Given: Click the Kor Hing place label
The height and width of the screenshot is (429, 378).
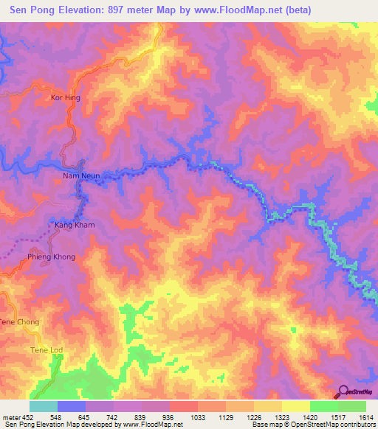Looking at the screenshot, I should point(64,97).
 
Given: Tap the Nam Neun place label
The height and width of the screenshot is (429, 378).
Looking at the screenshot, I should point(80,176).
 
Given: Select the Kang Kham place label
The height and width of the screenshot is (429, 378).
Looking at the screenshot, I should point(75,224).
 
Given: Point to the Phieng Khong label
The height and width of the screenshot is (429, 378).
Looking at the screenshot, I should point(52,257).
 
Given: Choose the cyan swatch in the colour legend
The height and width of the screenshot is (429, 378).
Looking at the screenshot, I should point(44,406).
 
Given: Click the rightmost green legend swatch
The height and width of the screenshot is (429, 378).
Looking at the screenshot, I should point(351,406).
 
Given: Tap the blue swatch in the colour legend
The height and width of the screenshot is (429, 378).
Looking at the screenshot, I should point(72,406).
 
